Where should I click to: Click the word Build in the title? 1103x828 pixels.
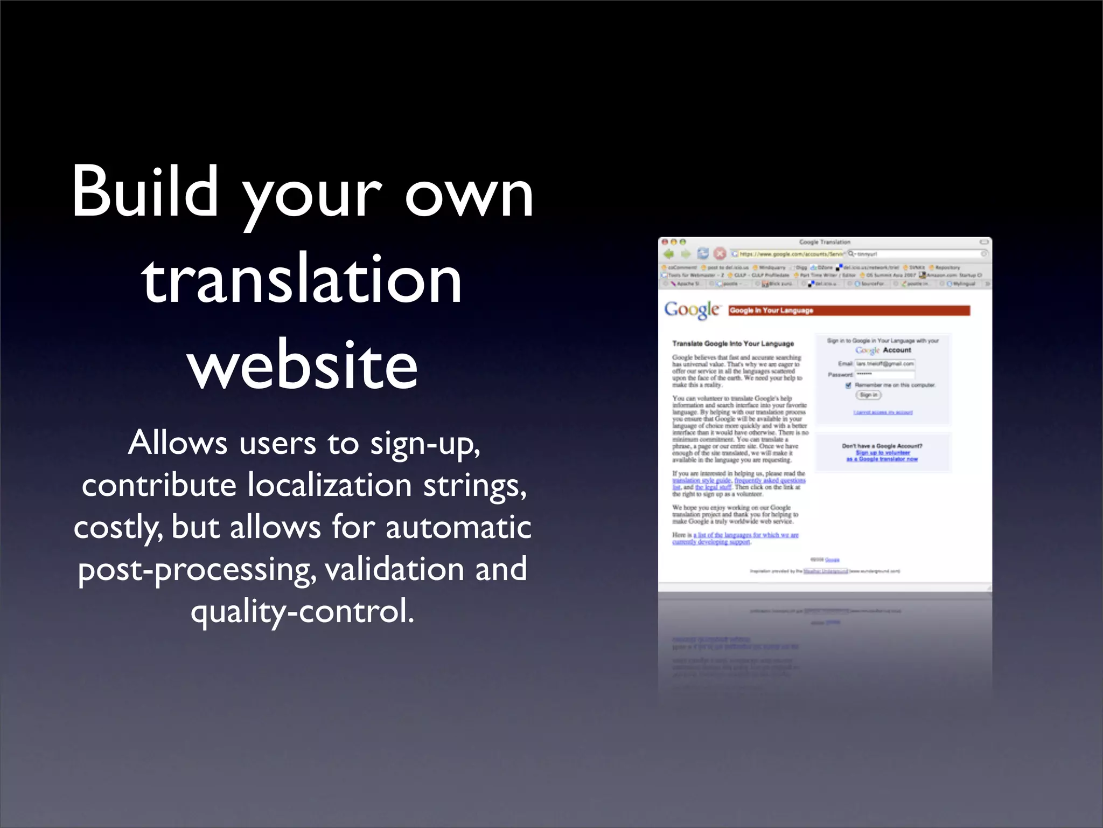pyautogui.click(x=145, y=192)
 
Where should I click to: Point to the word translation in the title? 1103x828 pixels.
pyautogui.click(x=302, y=279)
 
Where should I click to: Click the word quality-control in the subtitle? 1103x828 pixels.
pyautogui.click(x=303, y=612)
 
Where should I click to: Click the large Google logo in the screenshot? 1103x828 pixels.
pyautogui.click(x=692, y=309)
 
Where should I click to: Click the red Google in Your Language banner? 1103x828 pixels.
pyautogui.click(x=849, y=310)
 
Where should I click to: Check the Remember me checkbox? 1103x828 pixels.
pyautogui.click(x=849, y=385)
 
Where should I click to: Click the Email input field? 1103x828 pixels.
pyautogui.click(x=885, y=364)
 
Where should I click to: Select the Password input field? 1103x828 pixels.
pyautogui.click(x=885, y=374)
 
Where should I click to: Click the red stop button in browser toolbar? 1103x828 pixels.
pyautogui.click(x=720, y=253)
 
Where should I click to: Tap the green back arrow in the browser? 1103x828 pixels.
pyautogui.click(x=669, y=253)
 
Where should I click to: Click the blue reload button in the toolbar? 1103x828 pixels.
pyautogui.click(x=703, y=253)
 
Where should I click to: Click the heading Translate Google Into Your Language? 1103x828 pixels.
pyautogui.click(x=733, y=343)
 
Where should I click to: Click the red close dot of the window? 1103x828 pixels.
pyautogui.click(x=665, y=242)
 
